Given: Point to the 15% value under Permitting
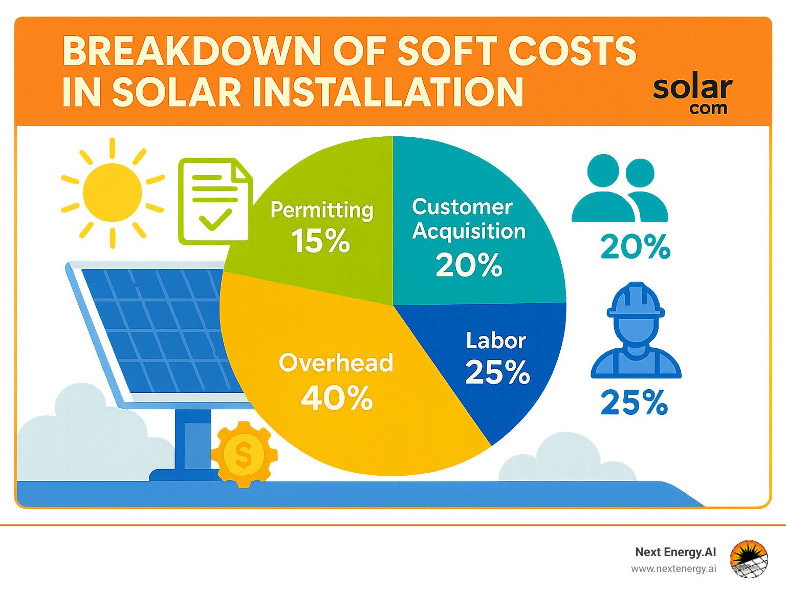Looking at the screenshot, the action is pos(320,241).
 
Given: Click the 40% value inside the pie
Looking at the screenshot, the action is pos(337,397).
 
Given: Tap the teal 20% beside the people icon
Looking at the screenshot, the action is pos(635,246).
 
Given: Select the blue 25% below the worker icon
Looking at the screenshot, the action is pos(634,403).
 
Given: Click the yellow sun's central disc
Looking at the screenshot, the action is pos(112,193).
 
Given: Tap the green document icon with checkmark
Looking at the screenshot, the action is pos(215,201).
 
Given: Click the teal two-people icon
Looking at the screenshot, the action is pos(620,188).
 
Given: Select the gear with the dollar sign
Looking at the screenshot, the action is pos(244,454).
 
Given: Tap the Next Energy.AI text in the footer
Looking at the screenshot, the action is pos(675,552).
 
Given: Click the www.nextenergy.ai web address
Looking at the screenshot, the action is pos(673,569).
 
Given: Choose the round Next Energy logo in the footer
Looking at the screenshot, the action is pos(749,559).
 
